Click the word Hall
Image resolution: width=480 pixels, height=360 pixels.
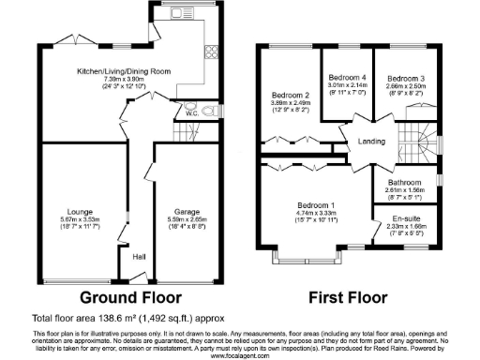pyautogui.click(x=139, y=256)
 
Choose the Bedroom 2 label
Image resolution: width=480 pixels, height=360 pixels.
pyautogui.click(x=291, y=95)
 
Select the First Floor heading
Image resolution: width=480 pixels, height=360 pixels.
pyautogui.click(x=349, y=298)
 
